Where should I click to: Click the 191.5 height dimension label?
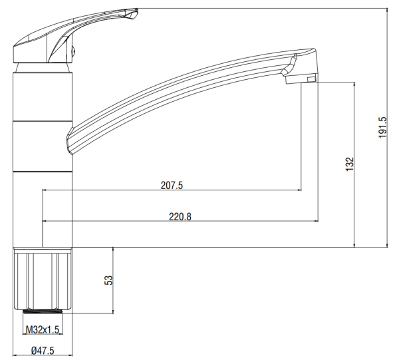[382, 127]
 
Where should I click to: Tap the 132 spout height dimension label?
[350, 164]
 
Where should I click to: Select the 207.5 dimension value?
[172, 185]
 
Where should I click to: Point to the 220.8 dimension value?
[180, 217]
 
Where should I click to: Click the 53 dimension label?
[108, 280]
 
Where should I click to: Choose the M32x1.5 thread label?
[43, 329]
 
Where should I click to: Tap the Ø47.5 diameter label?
[43, 351]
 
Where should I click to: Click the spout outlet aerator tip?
[301, 79]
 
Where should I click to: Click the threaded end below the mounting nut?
[43, 311]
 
